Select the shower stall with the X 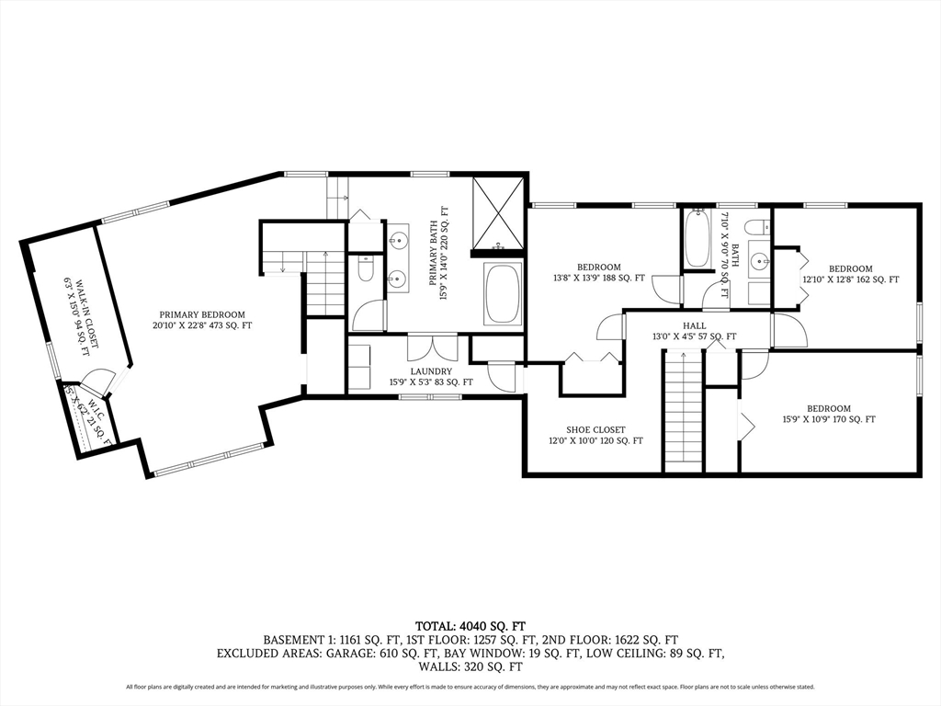498,212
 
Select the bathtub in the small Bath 697,239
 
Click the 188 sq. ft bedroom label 598,272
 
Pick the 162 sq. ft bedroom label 851,274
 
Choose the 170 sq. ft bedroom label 829,414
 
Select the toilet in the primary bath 365,269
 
